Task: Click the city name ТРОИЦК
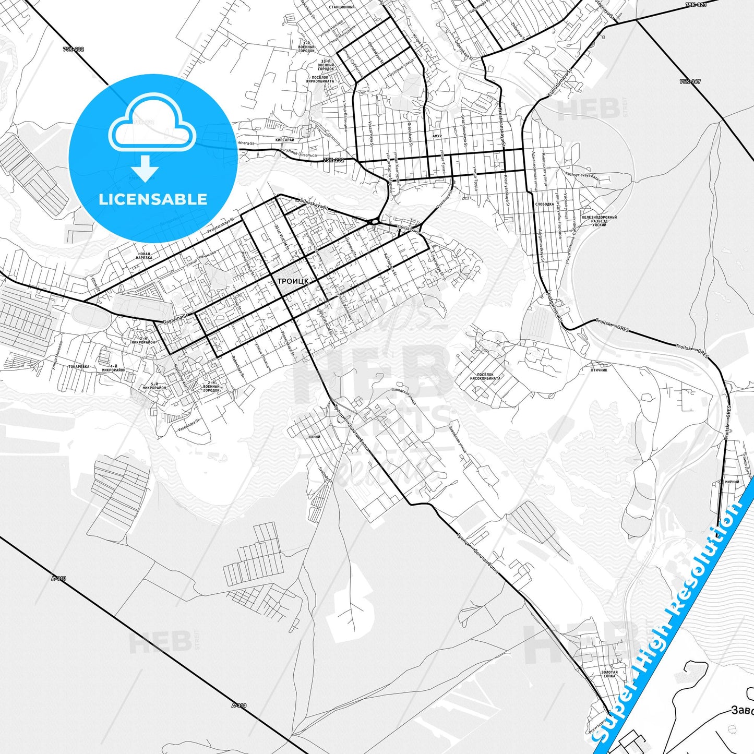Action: tap(293, 281)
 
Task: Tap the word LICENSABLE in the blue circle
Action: tap(153, 199)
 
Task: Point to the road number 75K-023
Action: tap(696, 5)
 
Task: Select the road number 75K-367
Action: tap(690, 82)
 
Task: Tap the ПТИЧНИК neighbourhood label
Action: tap(599, 370)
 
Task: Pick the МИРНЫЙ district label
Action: tap(732, 482)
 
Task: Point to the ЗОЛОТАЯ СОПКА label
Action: tap(609, 674)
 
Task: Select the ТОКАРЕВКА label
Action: tap(79, 367)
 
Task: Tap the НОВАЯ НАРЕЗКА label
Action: tap(144, 256)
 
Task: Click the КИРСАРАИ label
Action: tap(285, 140)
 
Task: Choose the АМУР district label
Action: tap(437, 136)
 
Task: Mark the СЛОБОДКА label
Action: tap(544, 205)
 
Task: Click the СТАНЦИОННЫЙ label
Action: tap(342, 7)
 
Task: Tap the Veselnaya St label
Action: tap(189, 425)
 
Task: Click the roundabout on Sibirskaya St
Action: tap(374, 222)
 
